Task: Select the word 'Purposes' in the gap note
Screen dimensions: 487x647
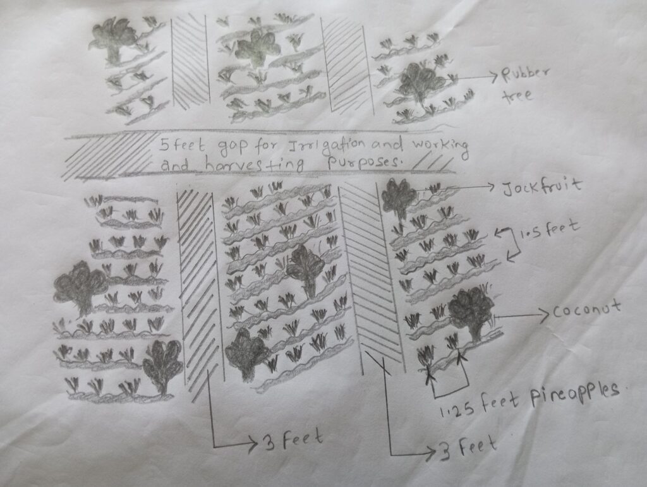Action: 354,163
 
